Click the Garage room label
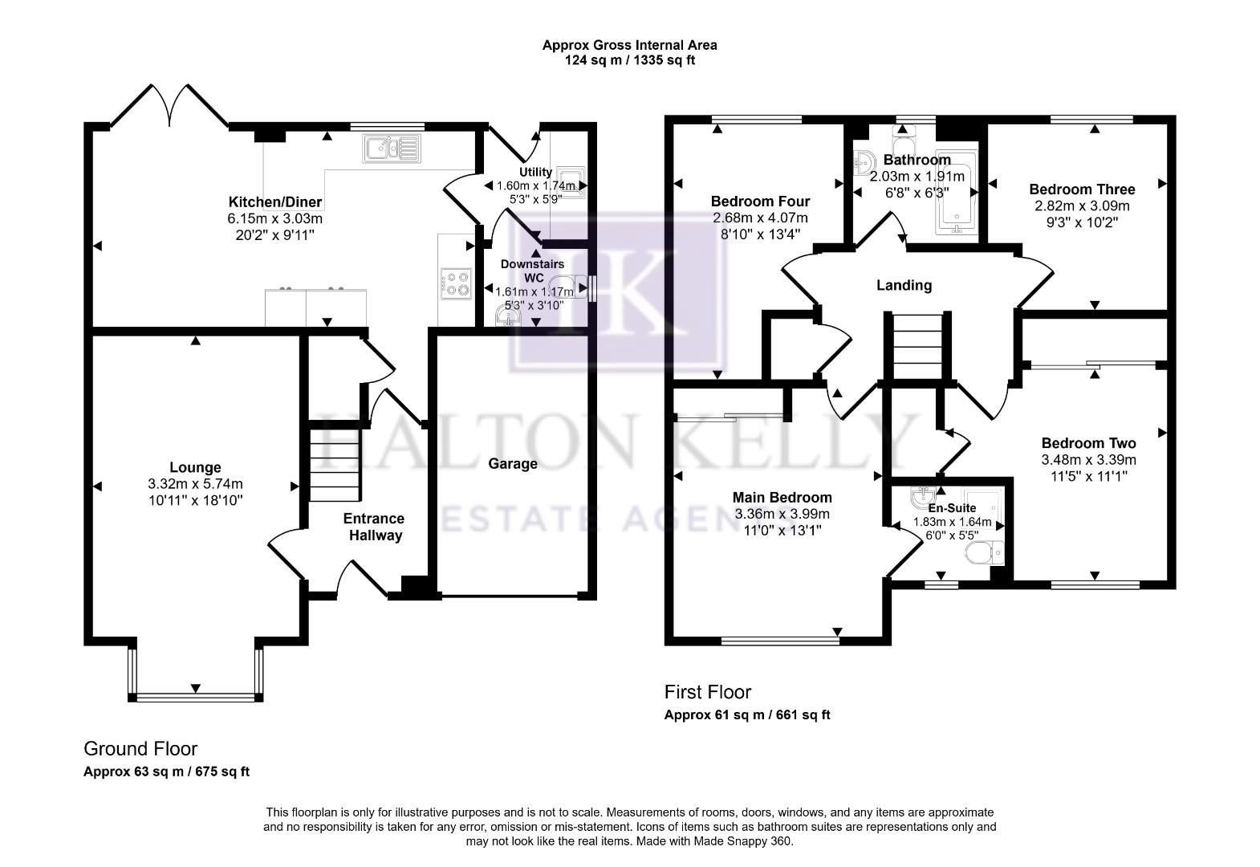pos(513,464)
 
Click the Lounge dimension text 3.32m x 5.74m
pos(195,483)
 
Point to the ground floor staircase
pos(335,465)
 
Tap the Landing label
pos(904,285)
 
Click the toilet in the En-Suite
pos(984,552)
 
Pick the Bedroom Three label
pos(1082,189)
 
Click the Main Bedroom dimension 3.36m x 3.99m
pos(782,514)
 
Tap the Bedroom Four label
pos(760,201)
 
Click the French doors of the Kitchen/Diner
pos(169,106)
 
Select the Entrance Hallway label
pos(375,527)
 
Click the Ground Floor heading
pos(140,749)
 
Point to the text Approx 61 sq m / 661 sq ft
pos(746,714)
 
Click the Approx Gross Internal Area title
pos(629,45)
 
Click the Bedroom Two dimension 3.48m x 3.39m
pos(1088,460)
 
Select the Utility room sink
pos(572,183)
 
